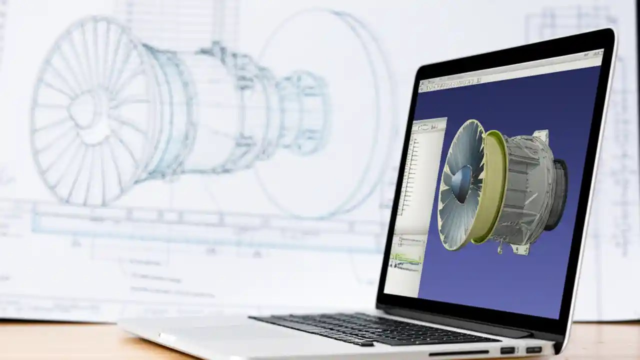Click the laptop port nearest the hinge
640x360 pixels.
(x=533, y=349)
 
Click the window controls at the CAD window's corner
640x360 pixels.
(x=595, y=54)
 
